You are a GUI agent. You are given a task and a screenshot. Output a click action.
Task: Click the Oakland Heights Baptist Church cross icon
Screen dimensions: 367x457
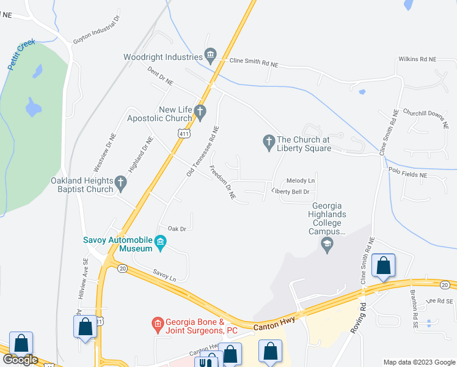(120, 182)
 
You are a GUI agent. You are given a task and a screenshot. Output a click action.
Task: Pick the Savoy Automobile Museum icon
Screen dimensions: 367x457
(161, 242)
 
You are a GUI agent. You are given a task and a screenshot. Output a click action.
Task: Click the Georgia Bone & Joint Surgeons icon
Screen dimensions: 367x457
(157, 323)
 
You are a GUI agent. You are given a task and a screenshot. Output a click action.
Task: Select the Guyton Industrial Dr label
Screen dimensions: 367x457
(97, 37)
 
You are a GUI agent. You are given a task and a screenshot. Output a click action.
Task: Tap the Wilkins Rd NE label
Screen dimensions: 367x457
(419, 59)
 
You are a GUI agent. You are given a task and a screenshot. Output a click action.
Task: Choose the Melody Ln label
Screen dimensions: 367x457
(301, 180)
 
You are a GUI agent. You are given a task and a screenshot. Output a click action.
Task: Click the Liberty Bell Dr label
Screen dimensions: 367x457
(291, 191)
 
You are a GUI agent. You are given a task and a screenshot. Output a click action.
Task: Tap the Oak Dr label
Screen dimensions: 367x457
(177, 228)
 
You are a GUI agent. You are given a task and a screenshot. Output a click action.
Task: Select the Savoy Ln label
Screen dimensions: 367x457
(164, 275)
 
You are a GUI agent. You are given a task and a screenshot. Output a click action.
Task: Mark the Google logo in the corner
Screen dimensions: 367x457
(20, 360)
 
